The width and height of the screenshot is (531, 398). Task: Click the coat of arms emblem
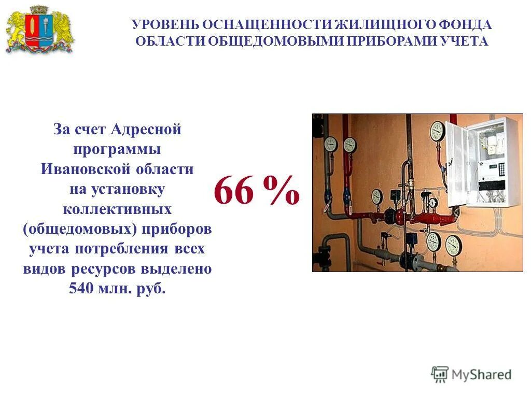[x=39, y=30]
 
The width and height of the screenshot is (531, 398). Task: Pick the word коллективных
[x=117, y=209]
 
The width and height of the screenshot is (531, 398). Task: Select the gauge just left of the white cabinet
[x=438, y=131]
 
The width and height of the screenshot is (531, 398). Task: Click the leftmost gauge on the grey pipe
[x=330, y=144]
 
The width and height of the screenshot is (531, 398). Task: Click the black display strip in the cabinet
[x=491, y=185]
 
